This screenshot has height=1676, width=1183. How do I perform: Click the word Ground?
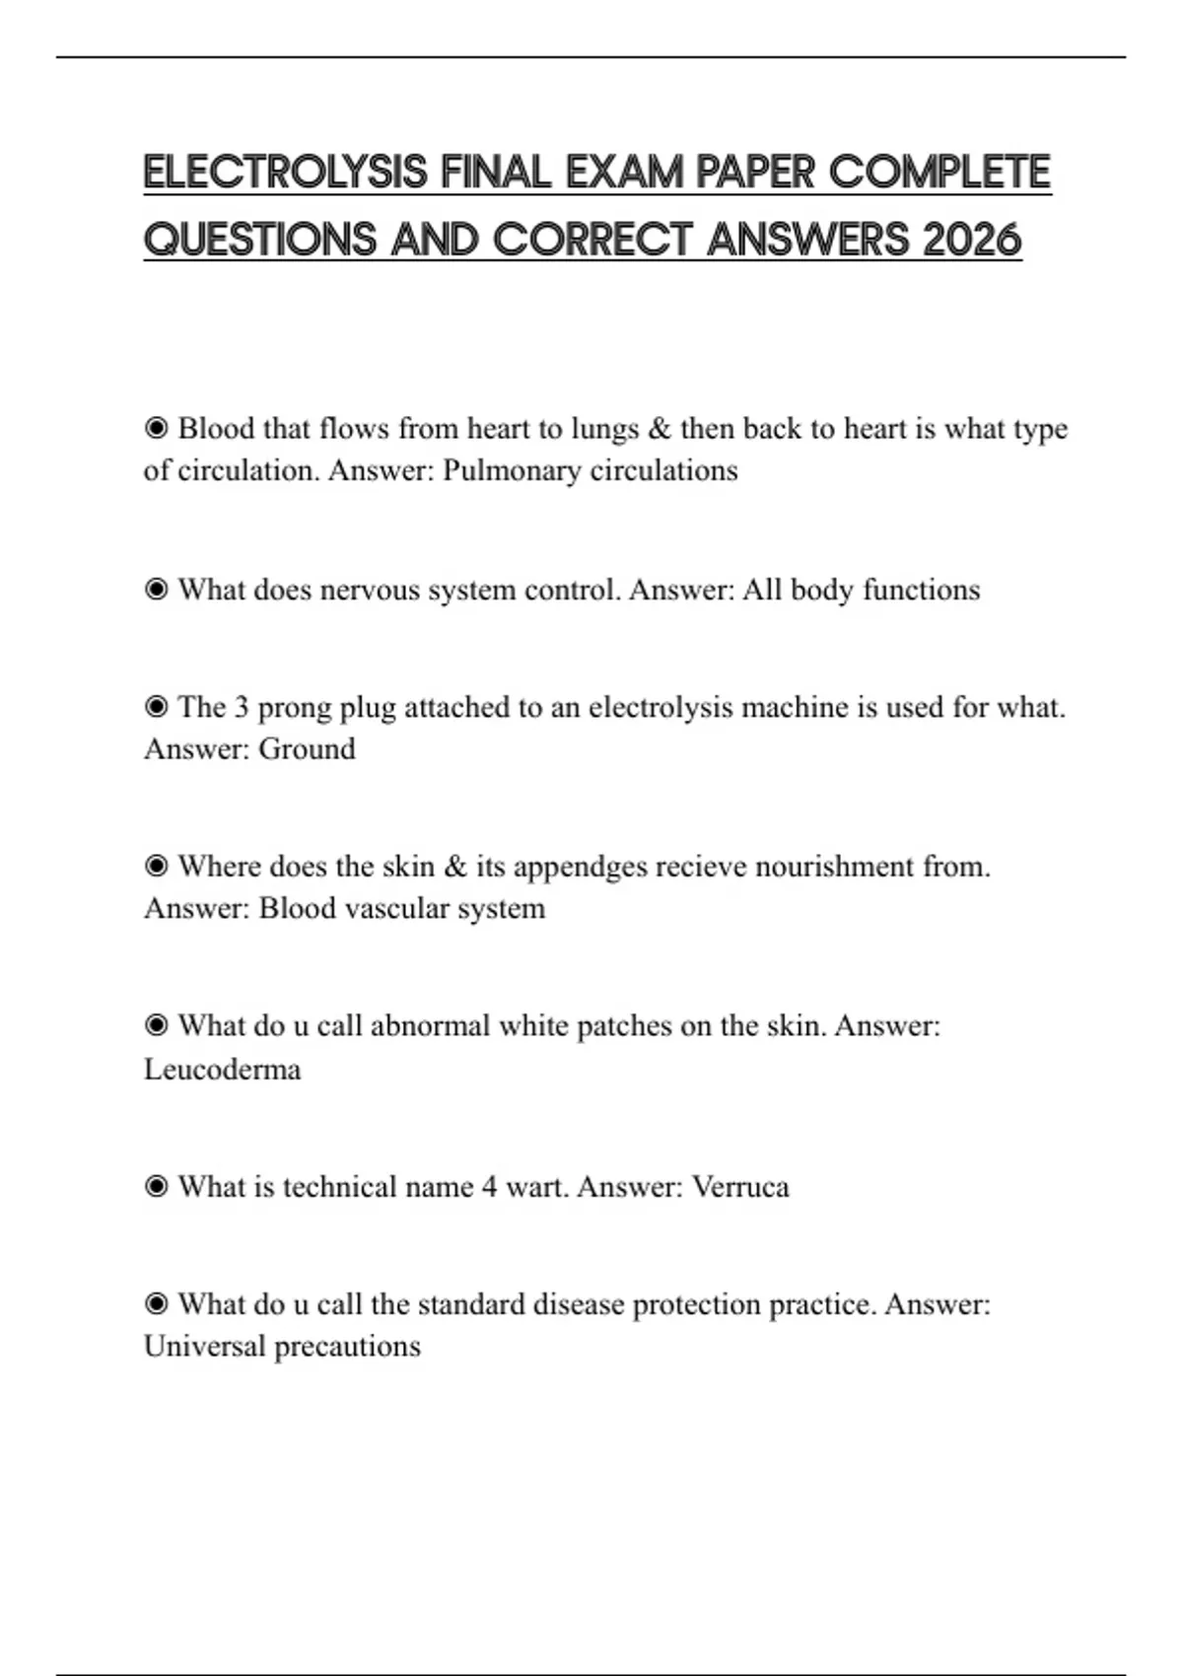pyautogui.click(x=307, y=749)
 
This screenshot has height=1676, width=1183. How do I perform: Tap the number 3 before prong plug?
pyautogui.click(x=242, y=707)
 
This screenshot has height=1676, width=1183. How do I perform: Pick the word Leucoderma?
pyautogui.click(x=223, y=1069)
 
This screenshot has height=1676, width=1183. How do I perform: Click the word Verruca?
pyautogui.click(x=740, y=1186)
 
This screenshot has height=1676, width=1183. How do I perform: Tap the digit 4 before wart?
pyautogui.click(x=489, y=1186)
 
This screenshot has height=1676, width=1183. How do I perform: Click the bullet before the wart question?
pyautogui.click(x=156, y=1186)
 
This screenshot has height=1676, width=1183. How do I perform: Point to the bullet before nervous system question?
pyautogui.click(x=156, y=590)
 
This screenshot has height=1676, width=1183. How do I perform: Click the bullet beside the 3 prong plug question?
pyautogui.click(x=156, y=707)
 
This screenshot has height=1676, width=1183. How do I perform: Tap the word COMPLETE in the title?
pyautogui.click(x=939, y=173)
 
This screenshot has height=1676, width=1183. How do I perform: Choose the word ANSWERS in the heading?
pyautogui.click(x=808, y=240)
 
